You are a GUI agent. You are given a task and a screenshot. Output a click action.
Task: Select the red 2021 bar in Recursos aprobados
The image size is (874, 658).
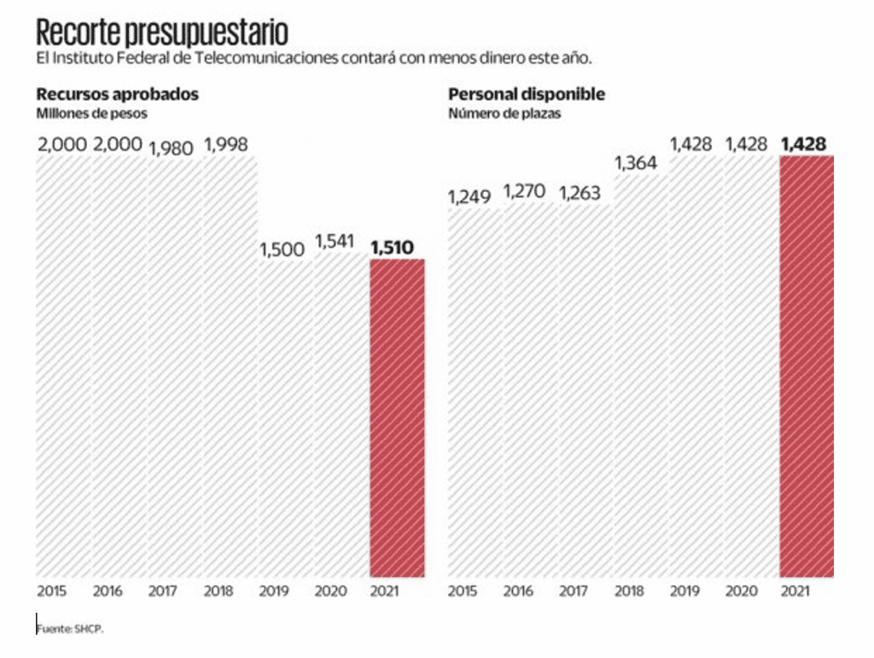point(397,418)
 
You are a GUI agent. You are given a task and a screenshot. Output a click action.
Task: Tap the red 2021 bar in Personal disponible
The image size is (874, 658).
point(807,367)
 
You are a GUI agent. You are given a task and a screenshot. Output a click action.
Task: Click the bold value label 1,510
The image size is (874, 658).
point(392,248)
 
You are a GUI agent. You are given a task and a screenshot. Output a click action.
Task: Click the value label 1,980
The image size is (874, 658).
point(172,148)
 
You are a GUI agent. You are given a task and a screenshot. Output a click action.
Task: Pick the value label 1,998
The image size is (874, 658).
point(226,144)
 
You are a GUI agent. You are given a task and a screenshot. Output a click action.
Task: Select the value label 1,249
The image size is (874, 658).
point(469,197)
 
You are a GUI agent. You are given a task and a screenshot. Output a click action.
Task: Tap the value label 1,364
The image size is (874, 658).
point(636,162)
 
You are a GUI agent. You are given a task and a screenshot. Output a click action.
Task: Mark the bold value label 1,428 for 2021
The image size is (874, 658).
point(803,144)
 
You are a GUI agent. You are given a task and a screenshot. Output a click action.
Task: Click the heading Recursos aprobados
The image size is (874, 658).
point(117,95)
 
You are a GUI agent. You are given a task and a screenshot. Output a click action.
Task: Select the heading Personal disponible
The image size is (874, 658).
point(527,95)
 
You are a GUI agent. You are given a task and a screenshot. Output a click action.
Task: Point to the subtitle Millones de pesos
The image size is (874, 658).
point(91,114)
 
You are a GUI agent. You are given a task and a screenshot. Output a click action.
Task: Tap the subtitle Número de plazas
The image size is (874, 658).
point(504,114)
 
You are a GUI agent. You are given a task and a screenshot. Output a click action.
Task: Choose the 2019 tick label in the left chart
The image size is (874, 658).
point(273,591)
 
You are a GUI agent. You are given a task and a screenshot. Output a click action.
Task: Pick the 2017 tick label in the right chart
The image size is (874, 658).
point(574,591)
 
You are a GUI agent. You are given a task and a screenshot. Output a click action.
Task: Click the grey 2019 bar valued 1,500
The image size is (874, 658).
point(286,418)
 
